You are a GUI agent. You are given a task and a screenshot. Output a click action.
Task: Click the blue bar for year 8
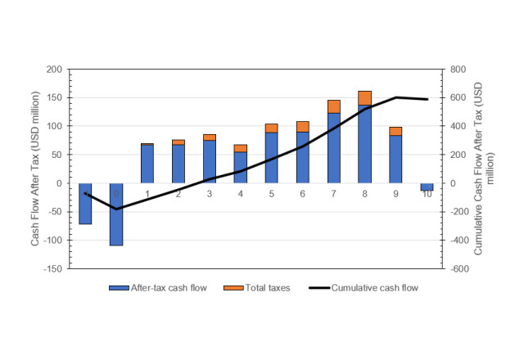tap(364, 144)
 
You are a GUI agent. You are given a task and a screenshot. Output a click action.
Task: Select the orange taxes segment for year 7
tap(334, 106)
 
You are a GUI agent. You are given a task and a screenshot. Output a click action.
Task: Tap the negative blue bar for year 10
tap(427, 187)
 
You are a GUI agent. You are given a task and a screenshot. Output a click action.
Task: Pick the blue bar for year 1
tap(147, 164)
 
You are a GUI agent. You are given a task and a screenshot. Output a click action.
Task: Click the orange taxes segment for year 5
tap(271, 128)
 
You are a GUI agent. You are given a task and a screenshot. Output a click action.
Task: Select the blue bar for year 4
tap(241, 168)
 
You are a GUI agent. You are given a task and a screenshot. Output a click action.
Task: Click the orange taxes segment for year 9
tap(395, 131)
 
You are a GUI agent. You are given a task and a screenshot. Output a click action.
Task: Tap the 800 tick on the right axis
tap(455, 70)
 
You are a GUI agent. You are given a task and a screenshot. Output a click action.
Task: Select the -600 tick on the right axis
tap(457, 268)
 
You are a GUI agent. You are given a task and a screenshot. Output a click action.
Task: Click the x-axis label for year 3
tap(209, 194)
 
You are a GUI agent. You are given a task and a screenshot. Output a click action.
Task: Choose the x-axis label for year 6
tap(302, 194)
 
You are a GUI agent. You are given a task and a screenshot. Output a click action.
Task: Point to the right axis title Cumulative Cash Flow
tap(482, 169)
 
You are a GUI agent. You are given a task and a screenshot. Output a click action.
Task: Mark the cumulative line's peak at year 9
tap(395, 97)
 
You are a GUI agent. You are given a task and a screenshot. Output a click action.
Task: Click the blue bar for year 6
tap(302, 157)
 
